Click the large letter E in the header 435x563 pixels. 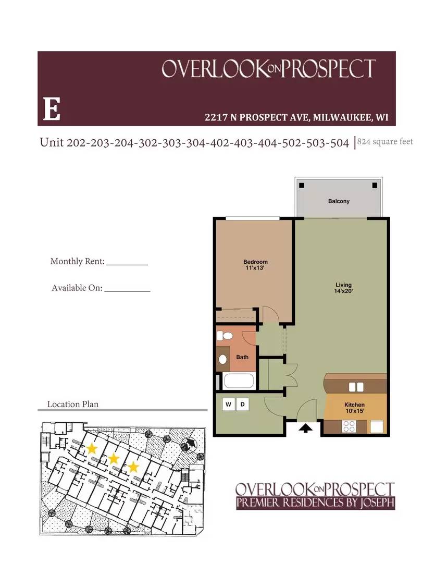(x=51, y=109)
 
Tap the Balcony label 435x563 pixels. (x=339, y=201)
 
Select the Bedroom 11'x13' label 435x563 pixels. (x=255, y=265)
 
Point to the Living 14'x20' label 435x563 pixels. (x=344, y=288)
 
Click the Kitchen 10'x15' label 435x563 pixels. (x=354, y=408)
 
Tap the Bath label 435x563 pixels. (x=242, y=357)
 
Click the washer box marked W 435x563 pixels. (x=229, y=404)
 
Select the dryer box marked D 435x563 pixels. (x=242, y=404)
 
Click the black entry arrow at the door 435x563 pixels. (x=305, y=428)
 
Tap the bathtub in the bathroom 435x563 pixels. (x=239, y=382)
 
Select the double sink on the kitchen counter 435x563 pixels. (x=356, y=387)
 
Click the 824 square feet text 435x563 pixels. (x=385, y=142)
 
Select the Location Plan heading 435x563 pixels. (x=73, y=404)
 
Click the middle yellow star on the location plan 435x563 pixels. (x=114, y=458)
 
